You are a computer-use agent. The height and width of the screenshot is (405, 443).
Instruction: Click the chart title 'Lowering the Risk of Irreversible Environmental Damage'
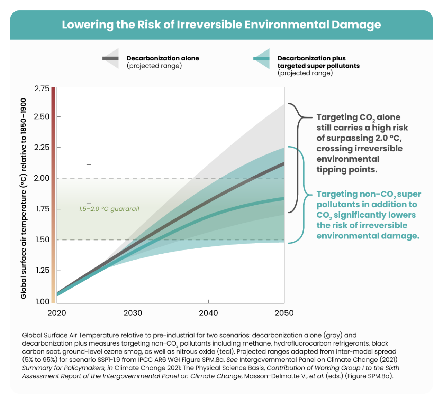pos(221,25)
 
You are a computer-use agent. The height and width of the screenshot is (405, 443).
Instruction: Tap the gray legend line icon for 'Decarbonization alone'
pos(110,58)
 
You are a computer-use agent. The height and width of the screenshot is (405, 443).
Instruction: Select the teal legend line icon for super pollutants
pos(261,58)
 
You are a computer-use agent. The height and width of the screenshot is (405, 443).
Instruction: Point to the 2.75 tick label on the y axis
pos(42,88)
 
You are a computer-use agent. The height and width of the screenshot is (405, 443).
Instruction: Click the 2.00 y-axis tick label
pos(42,178)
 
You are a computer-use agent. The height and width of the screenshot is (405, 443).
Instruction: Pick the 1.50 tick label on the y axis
pos(42,239)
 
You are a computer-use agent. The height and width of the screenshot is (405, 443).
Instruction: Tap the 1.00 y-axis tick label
pos(42,301)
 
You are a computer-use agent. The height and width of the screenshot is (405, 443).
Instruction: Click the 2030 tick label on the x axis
pos(133,313)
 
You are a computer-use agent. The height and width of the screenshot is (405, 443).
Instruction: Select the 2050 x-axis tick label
pos(284,313)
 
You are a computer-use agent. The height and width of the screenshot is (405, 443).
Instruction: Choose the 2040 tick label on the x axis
pos(208,313)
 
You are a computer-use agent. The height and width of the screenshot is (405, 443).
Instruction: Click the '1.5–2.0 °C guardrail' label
pos(109,209)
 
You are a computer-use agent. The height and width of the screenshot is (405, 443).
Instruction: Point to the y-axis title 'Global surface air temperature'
pos(24,199)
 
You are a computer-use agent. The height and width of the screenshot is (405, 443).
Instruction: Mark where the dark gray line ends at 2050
pos(283,163)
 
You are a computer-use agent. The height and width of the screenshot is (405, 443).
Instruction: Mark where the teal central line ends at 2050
pos(283,198)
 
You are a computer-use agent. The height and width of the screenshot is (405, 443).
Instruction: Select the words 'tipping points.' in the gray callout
pos(347,170)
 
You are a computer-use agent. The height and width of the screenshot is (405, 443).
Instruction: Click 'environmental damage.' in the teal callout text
pos(368,236)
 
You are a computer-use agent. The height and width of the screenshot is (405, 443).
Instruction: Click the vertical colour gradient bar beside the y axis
pos(53,195)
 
